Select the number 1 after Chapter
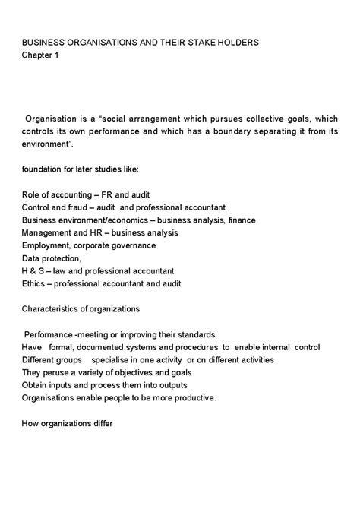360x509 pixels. pos(56,55)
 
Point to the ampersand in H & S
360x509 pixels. pos(35,270)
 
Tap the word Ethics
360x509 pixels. pos(35,283)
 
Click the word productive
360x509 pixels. pos(195,397)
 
